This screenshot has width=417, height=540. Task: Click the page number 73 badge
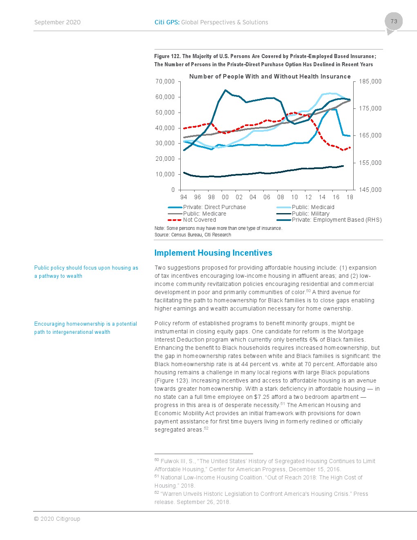(x=394, y=22)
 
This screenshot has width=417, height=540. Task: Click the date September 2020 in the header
(x=57, y=22)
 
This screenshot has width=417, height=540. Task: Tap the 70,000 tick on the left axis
(x=165, y=81)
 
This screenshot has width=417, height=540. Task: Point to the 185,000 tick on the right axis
(x=370, y=81)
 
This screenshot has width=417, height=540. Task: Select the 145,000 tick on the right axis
(x=370, y=190)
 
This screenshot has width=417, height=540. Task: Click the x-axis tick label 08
(x=280, y=197)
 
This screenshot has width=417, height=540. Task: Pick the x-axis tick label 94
(x=184, y=197)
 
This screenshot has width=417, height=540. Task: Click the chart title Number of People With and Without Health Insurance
(x=270, y=76)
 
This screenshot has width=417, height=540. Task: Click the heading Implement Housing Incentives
(x=213, y=253)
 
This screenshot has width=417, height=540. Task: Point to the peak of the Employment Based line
(x=226, y=90)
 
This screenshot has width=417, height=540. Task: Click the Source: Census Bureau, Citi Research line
(x=193, y=235)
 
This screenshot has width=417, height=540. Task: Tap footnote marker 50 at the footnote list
(x=157, y=460)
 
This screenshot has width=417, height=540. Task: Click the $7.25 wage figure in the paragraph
(x=262, y=397)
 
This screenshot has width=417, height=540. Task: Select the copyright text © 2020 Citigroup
(x=57, y=519)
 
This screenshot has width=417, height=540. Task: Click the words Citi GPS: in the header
(x=167, y=22)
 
